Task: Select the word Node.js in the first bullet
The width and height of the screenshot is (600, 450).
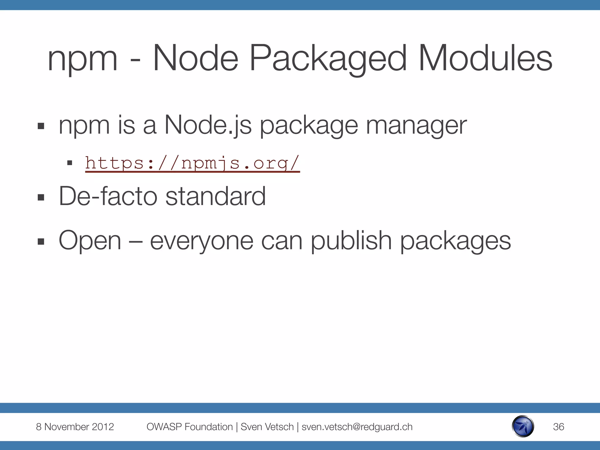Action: (x=208, y=125)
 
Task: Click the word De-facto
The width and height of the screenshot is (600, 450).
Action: (x=108, y=196)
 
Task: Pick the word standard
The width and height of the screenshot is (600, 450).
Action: (x=216, y=196)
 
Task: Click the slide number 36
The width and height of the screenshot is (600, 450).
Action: (x=558, y=427)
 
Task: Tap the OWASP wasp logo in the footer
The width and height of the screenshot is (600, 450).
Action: (x=523, y=426)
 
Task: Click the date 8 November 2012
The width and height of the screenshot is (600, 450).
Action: (x=75, y=427)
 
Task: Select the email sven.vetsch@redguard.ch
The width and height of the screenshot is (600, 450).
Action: (x=357, y=427)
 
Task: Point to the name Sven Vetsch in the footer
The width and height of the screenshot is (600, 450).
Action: (x=267, y=427)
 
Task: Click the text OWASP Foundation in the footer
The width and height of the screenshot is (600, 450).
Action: (x=190, y=427)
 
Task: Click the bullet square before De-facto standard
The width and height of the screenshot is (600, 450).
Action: (x=41, y=197)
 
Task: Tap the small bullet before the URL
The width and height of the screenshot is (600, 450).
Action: (x=70, y=163)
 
